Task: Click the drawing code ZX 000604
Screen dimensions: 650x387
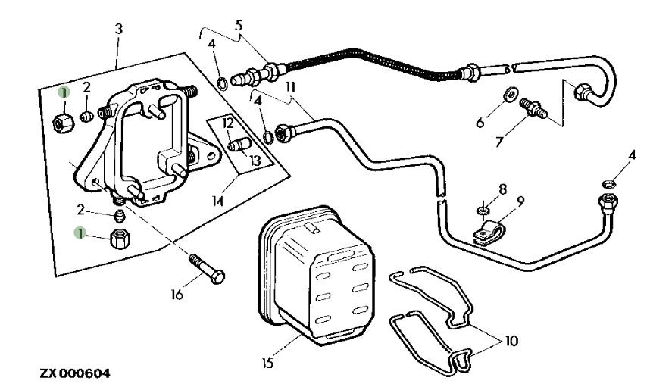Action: (x=75, y=373)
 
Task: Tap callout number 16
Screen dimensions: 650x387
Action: (x=177, y=295)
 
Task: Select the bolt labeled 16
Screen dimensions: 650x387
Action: (x=207, y=269)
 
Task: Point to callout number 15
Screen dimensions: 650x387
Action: (x=267, y=364)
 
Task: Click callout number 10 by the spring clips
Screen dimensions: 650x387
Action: (x=511, y=341)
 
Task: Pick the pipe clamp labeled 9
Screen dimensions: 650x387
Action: (x=488, y=233)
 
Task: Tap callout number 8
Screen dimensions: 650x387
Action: (x=503, y=190)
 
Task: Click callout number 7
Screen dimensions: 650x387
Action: (x=499, y=142)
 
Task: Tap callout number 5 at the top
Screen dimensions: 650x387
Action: (x=239, y=25)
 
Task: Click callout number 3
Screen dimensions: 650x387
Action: (x=119, y=29)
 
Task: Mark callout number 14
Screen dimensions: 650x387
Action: (x=218, y=201)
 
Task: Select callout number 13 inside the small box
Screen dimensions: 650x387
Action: (x=256, y=160)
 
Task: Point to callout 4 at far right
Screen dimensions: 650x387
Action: (x=632, y=155)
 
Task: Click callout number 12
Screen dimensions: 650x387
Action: (x=228, y=123)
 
